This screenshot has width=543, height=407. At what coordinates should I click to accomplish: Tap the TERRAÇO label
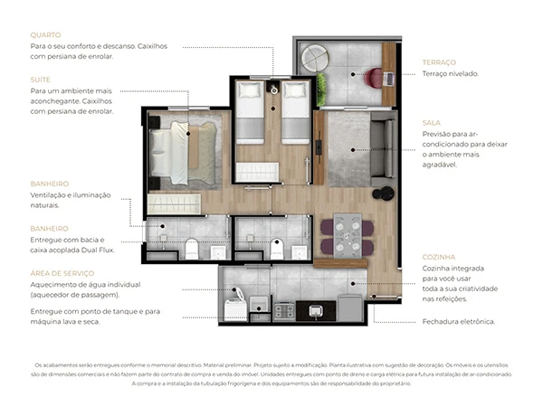439,62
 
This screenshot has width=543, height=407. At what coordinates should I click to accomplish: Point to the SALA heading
431,122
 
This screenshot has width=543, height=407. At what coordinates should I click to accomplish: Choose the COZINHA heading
438,257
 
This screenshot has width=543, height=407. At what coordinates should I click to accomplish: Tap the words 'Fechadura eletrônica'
458,321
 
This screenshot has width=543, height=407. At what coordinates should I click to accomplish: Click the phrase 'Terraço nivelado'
450,74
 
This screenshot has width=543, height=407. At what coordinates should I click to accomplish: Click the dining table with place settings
348,234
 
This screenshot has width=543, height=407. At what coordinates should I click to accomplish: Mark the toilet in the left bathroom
191,248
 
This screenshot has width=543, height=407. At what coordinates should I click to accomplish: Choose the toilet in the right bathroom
278,248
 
